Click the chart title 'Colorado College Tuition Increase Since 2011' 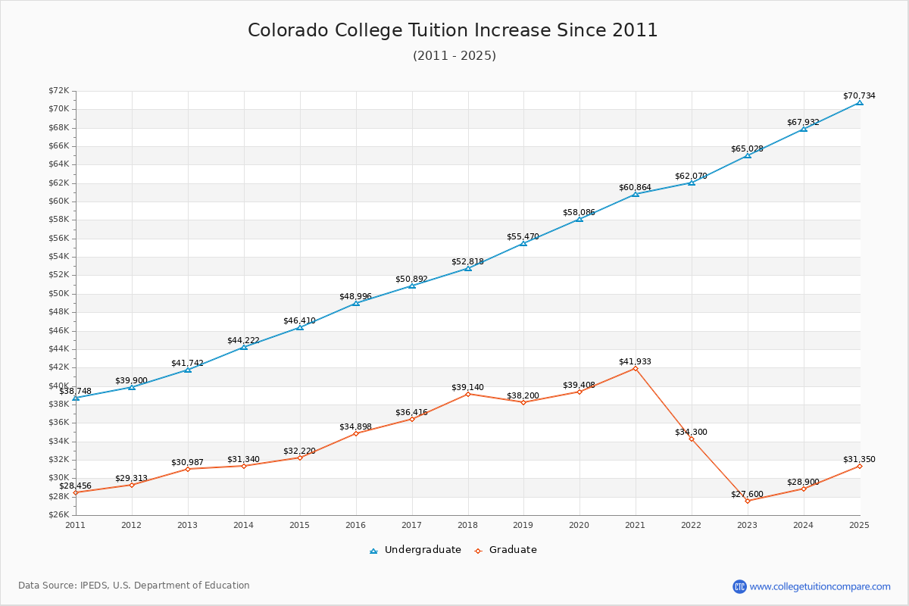453,30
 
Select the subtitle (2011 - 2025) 454,56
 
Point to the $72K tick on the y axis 59,91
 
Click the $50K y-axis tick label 59,294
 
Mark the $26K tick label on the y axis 59,515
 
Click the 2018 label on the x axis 467,525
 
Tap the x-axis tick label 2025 859,525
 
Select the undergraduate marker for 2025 859,102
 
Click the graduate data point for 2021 636,368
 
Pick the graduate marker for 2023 748,501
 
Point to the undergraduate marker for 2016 355,303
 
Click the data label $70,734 859,95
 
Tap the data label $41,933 635,361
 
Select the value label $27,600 747,494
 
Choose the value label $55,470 523,236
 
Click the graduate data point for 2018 467,394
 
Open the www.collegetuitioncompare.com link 820,586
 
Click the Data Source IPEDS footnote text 134,586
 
